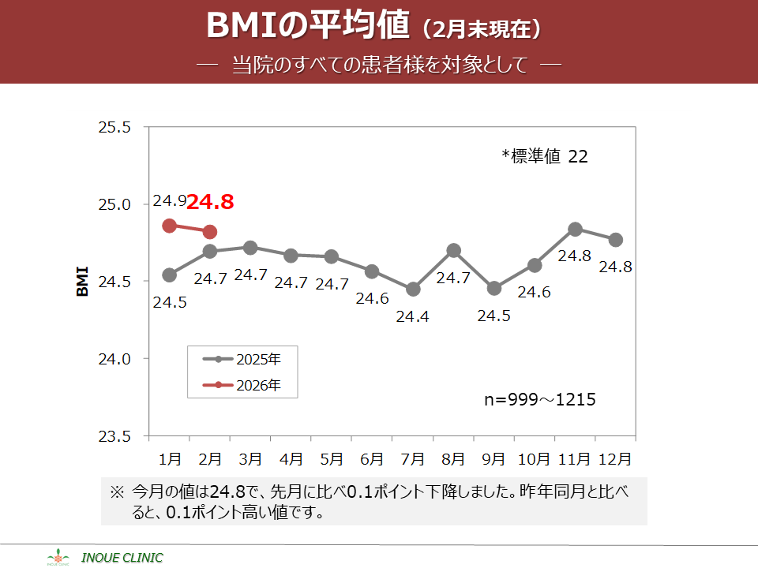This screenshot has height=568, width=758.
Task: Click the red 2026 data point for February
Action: coord(209,232)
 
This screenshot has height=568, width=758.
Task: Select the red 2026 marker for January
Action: coord(169,226)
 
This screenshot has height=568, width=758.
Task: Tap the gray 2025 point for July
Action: coord(413,290)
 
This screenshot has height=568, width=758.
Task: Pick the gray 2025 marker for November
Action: coord(575,230)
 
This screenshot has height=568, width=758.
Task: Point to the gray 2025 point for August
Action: coord(453,251)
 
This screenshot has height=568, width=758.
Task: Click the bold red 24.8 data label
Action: coord(211,202)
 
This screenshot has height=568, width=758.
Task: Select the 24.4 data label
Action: coord(412,316)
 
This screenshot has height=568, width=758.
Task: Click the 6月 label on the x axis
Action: coord(372,458)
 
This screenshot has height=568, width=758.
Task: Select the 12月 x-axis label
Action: coord(615,458)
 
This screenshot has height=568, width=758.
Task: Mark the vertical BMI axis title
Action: coord(83,282)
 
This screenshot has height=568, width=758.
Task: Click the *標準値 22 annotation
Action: coord(545,156)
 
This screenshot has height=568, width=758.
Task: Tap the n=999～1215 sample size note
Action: coord(539,400)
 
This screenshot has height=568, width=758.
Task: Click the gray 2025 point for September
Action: coord(494,289)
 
